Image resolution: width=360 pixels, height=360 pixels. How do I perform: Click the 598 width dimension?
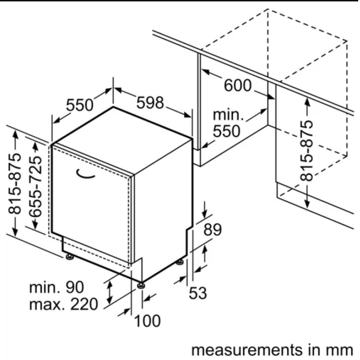tap(150, 103)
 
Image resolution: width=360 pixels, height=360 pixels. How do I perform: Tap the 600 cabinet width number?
tap(238, 85)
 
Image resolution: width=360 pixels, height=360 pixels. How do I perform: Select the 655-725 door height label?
tap(36, 186)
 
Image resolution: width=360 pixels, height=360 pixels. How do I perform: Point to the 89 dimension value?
tap(212, 229)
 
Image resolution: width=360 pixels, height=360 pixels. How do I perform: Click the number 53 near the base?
tap(198, 293)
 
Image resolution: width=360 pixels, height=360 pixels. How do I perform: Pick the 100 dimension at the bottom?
tap(147, 320)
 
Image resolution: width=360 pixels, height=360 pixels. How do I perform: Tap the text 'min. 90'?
tap(57, 287)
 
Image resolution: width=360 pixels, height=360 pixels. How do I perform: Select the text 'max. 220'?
tap(63, 304)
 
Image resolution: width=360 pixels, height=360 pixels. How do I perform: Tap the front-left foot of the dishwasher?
tap(69, 256)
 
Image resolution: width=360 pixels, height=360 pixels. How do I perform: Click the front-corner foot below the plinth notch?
tap(141, 285)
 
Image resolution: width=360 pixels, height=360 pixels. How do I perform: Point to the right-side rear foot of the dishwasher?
tap(180, 262)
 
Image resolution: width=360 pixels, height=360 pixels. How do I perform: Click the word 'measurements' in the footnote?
tap(246, 350)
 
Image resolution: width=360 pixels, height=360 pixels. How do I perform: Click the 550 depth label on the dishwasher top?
tap(80, 105)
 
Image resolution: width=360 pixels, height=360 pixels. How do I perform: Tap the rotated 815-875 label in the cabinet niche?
tap(306, 151)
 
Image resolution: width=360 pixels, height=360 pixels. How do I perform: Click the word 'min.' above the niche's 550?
tap(228, 115)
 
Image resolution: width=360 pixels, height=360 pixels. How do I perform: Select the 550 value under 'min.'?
tap(226, 131)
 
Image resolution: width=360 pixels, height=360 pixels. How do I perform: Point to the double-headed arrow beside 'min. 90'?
tap(110, 292)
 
